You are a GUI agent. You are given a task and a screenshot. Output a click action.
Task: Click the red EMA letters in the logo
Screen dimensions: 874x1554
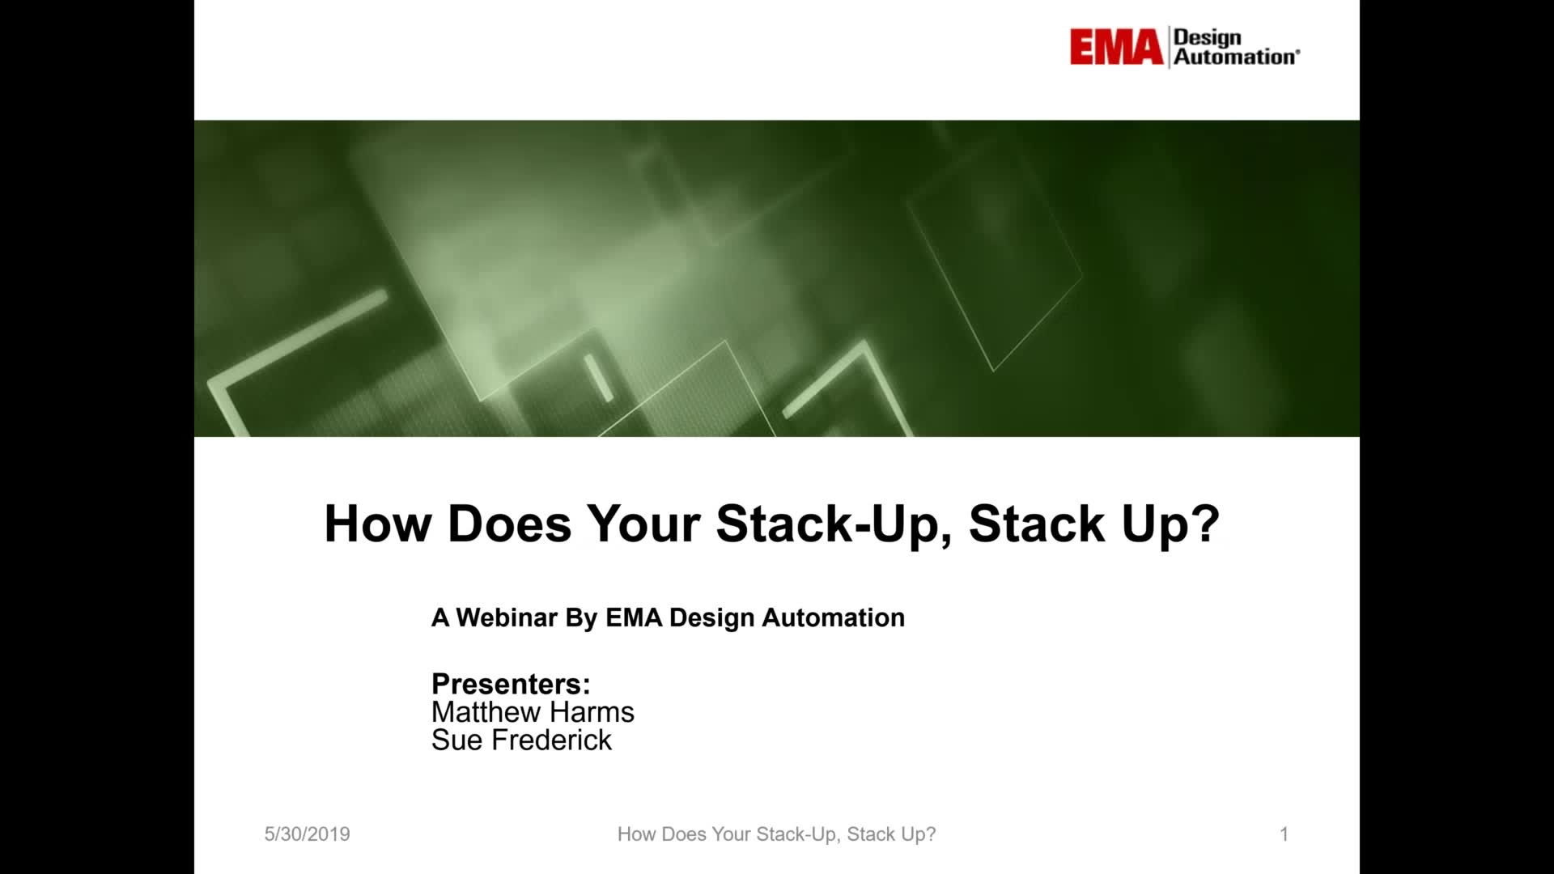tap(1116, 47)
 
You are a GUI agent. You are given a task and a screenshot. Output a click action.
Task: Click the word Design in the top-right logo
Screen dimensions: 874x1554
tap(1207, 37)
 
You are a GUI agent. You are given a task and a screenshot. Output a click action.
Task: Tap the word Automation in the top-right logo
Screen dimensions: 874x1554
tap(1235, 57)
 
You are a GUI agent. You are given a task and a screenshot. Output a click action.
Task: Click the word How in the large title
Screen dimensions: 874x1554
tap(378, 524)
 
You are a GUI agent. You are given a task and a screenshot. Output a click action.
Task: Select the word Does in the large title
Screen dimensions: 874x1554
tap(509, 524)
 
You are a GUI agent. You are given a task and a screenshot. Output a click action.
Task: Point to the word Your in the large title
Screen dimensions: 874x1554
tap(643, 524)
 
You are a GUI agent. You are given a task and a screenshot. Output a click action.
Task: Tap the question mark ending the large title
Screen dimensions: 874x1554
tap(1206, 524)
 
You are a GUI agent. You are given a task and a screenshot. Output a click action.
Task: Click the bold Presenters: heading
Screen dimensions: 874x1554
tap(511, 684)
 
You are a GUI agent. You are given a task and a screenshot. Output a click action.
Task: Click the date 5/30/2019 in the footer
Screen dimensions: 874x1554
tap(307, 834)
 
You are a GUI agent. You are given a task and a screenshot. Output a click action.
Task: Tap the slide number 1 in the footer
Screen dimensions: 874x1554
tap(1284, 834)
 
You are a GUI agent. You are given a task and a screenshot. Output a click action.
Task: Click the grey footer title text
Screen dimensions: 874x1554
tap(776, 834)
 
